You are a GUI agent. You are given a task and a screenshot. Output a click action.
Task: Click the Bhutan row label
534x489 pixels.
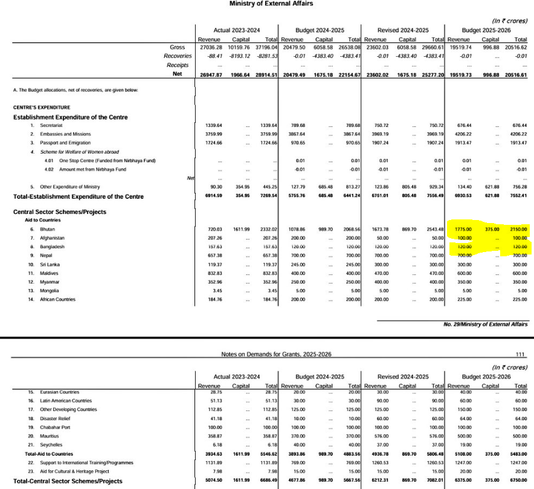click(47, 229)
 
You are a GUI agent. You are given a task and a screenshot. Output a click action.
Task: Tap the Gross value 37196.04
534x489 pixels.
click(266, 47)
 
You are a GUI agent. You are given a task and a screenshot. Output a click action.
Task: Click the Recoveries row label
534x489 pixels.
click(175, 56)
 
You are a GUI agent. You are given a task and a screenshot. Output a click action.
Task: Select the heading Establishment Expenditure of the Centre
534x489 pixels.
click(70, 117)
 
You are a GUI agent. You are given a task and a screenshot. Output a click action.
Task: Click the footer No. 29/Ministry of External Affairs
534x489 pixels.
click(486, 324)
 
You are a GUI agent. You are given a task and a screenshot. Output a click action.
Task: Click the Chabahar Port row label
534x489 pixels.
click(56, 427)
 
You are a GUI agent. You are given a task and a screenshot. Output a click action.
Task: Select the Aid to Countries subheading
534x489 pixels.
click(43, 221)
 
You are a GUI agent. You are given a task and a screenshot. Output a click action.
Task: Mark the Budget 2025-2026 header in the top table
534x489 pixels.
click(486, 30)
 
